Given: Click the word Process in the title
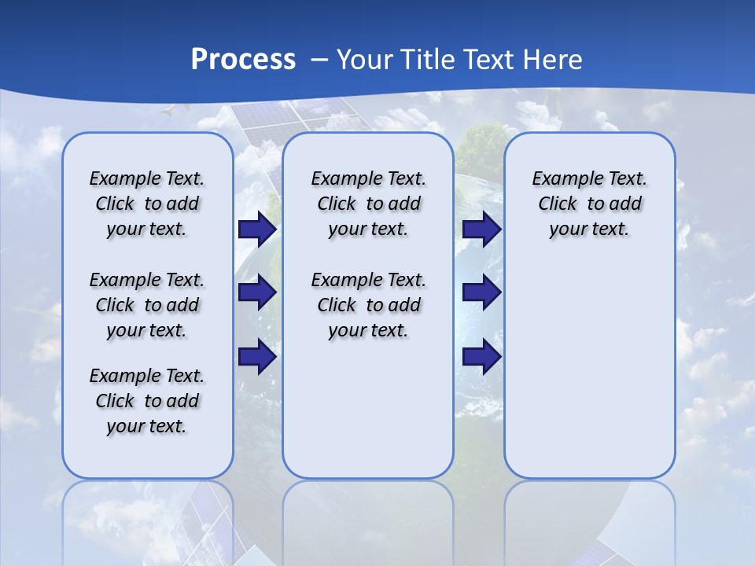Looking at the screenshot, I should tap(243, 60).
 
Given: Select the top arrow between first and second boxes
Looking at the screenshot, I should tap(257, 230).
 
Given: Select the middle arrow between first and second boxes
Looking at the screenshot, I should tap(257, 293).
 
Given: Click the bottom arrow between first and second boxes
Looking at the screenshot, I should tap(257, 357).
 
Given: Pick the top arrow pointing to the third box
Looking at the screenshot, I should tap(482, 230).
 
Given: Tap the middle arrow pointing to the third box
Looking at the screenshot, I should tap(482, 293).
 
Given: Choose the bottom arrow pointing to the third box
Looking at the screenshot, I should tap(482, 357).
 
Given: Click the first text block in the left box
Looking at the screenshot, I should tap(147, 204).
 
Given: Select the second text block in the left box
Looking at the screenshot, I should tap(147, 305).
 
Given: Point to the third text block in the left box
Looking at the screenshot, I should tap(147, 401).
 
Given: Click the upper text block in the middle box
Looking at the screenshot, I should tap(368, 204).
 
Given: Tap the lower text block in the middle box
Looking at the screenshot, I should tap(368, 305).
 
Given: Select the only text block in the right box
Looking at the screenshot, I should tap(589, 204).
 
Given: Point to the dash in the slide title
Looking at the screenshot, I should tap(319, 60).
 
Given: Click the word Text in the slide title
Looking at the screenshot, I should tap(488, 60).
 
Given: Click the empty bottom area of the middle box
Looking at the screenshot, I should tap(368, 417).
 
